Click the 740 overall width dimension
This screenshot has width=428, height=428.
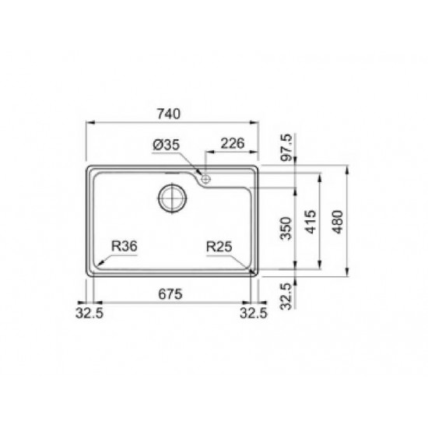point(169,114)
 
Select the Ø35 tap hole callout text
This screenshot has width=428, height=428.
point(167,145)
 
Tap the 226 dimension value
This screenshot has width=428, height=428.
point(233,144)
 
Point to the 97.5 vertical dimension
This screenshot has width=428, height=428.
point(287,147)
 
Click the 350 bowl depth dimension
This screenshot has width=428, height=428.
point(286,228)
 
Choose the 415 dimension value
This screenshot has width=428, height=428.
point(311,222)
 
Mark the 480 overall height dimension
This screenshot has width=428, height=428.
point(338,222)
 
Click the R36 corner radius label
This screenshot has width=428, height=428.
point(125,246)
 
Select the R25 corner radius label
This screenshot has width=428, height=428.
point(219,247)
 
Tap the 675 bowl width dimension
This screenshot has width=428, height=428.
point(170,294)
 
